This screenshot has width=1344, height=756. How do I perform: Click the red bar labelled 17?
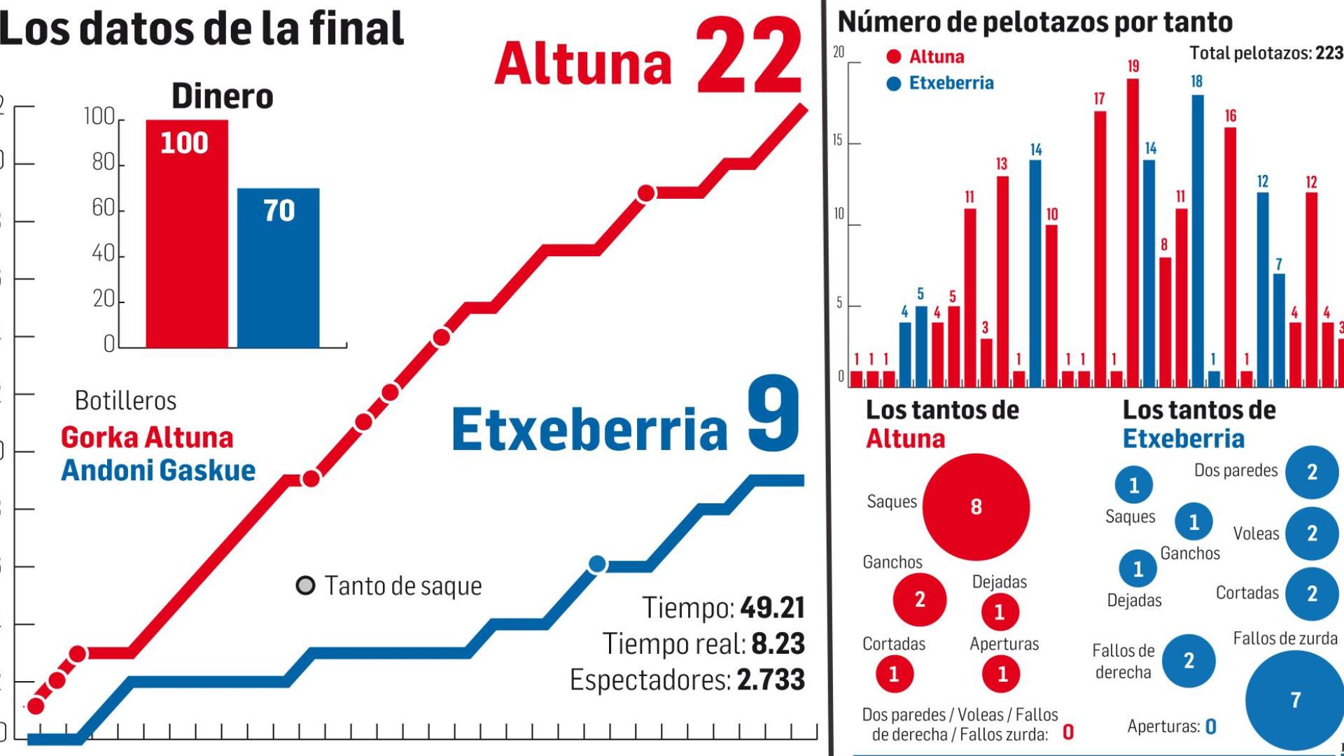pyautogui.click(x=1100, y=248)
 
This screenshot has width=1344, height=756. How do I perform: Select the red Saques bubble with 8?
pyautogui.click(x=976, y=507)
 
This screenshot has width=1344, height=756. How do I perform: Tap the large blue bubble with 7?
pyautogui.click(x=1295, y=699)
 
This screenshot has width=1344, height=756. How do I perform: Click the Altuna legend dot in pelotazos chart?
pyautogui.click(x=893, y=57)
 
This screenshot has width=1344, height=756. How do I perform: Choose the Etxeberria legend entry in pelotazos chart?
pyautogui.click(x=951, y=83)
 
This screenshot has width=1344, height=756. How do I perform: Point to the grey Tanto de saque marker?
pyautogui.click(x=305, y=585)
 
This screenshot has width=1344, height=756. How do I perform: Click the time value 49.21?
pyautogui.click(x=772, y=608)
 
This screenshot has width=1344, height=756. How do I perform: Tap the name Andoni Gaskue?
pyautogui.click(x=158, y=470)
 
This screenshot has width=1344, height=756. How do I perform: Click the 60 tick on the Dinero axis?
pyautogui.click(x=104, y=208)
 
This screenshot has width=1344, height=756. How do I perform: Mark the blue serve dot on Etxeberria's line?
pyautogui.click(x=597, y=564)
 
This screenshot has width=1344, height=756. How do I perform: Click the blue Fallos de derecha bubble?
pyautogui.click(x=1189, y=660)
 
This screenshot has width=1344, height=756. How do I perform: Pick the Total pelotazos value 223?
pyautogui.click(x=1329, y=52)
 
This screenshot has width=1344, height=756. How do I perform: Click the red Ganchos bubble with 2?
pyautogui.click(x=920, y=599)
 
